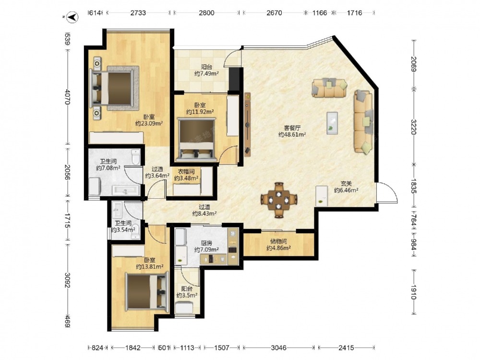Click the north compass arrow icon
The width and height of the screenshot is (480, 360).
(72, 17)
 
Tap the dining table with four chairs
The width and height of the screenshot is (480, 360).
(278, 200)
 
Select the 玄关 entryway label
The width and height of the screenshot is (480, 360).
(346, 184)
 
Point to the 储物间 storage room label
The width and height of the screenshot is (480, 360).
(278, 241)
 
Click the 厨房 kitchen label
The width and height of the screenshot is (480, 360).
(206, 243)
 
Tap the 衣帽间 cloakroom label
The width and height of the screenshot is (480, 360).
(186, 171)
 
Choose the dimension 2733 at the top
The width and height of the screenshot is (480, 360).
(138, 13)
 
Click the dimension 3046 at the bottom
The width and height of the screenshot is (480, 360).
(278, 348)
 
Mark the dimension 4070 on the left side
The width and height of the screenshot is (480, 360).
(68, 97)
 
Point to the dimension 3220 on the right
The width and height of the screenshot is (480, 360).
(413, 127)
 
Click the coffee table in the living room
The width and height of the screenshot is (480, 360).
(332, 123)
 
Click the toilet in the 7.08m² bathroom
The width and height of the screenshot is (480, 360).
(135, 157)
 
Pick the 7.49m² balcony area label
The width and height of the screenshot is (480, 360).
(206, 70)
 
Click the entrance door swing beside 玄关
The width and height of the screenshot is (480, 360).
(387, 192)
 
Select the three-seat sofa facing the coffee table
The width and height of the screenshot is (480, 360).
(364, 121)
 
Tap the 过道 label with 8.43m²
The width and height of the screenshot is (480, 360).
(204, 210)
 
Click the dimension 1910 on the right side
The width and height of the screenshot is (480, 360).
(413, 292)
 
